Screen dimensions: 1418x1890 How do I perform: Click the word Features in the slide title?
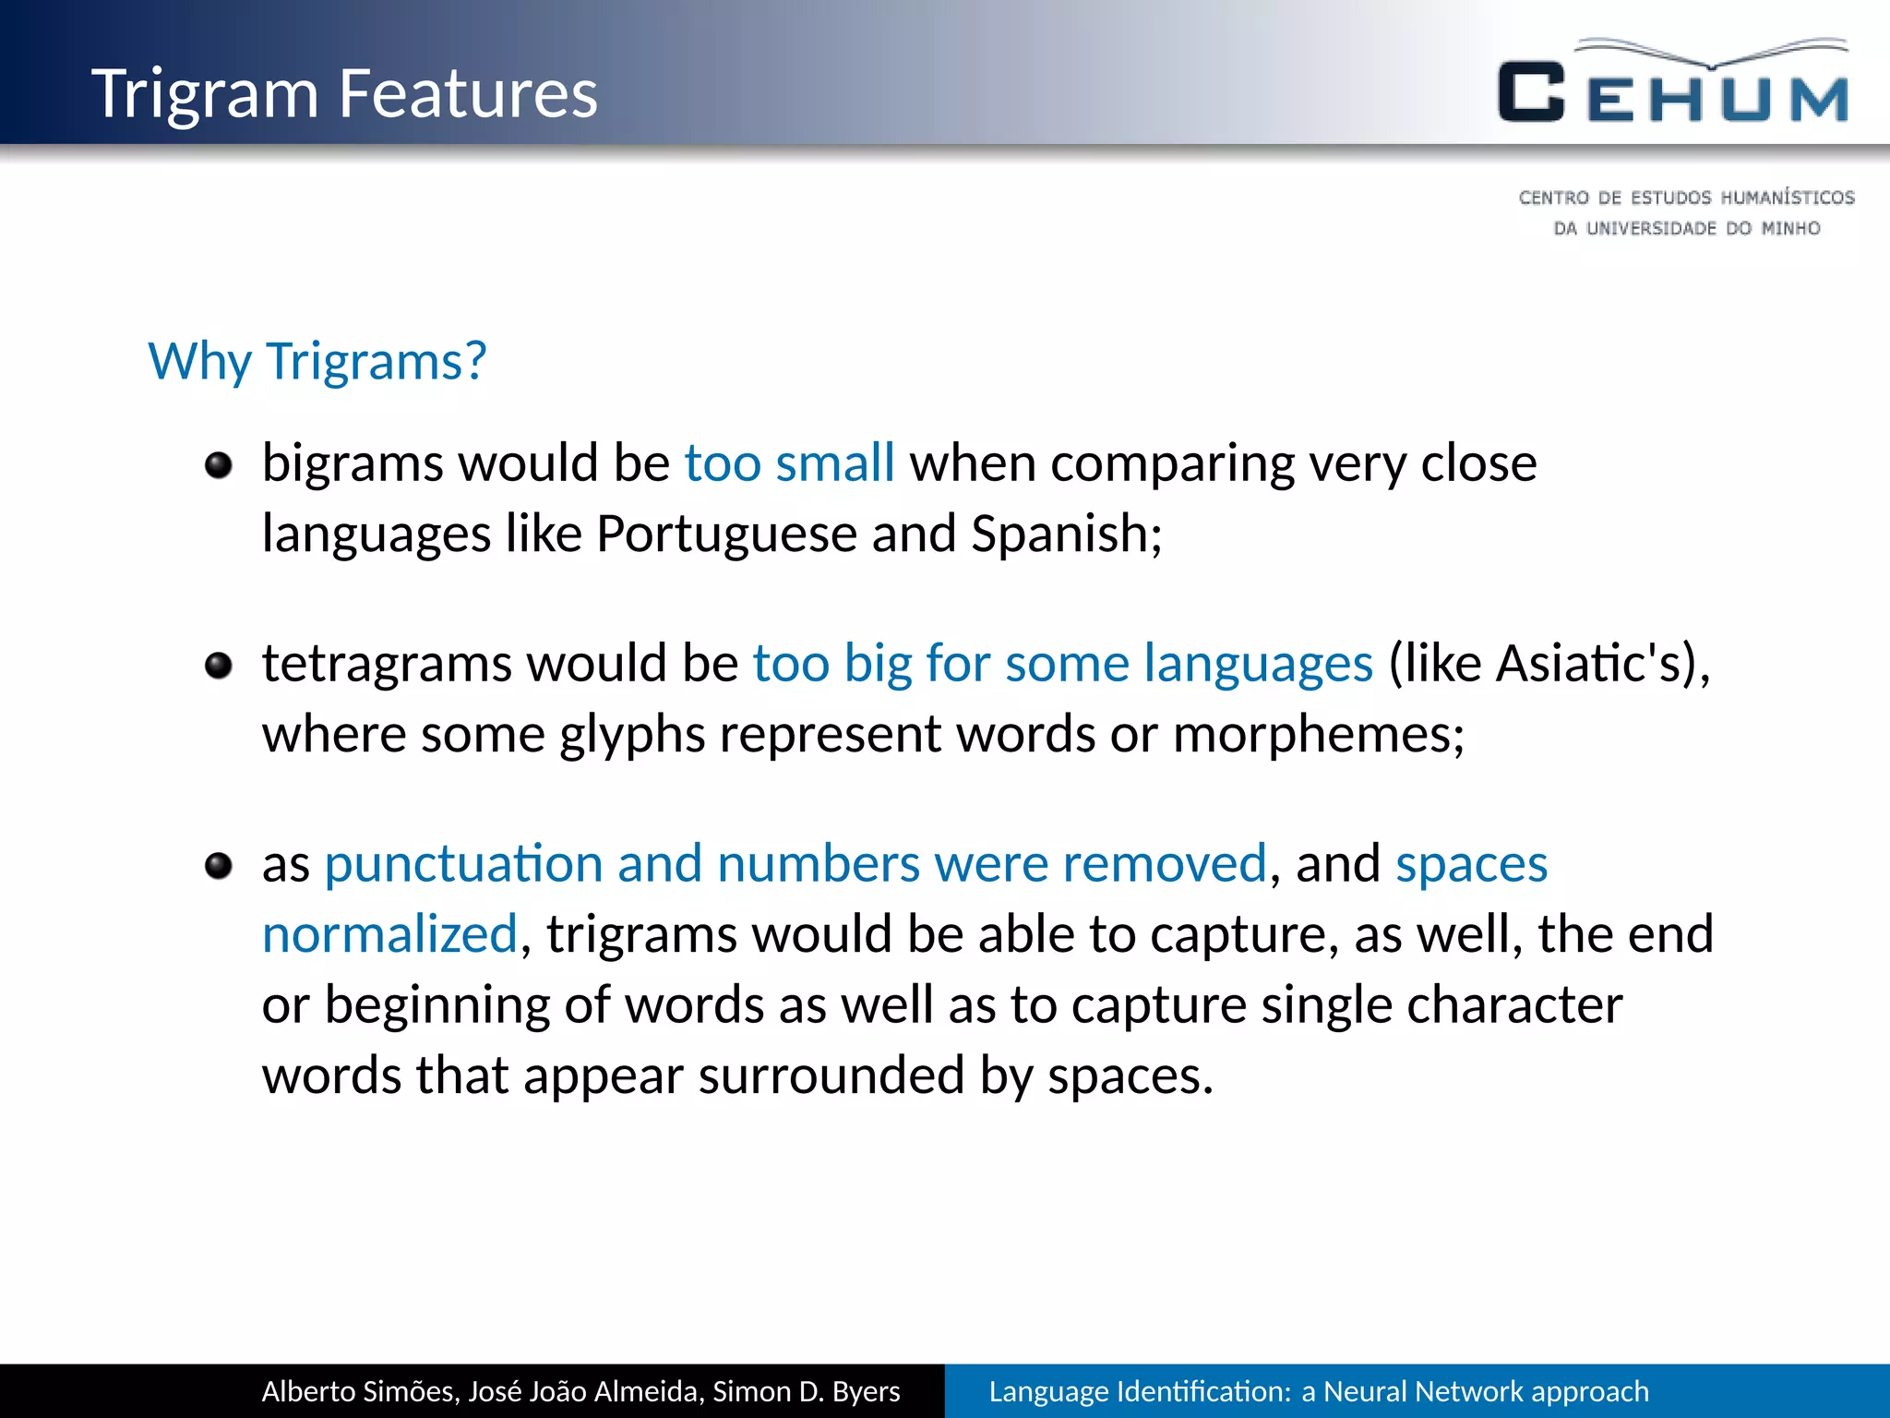468,93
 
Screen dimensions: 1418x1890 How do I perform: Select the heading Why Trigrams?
317,361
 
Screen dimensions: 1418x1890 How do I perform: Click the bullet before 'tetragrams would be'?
219,665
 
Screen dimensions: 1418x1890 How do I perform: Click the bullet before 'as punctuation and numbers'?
219,866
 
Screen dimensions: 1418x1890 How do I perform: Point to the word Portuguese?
726,535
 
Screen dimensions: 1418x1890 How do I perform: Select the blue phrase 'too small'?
789,463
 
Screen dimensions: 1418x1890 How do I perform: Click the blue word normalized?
389,934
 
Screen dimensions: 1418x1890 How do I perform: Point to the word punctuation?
463,864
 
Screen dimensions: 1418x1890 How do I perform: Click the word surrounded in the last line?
831,1076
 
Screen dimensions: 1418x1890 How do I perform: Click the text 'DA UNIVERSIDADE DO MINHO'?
1686,228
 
